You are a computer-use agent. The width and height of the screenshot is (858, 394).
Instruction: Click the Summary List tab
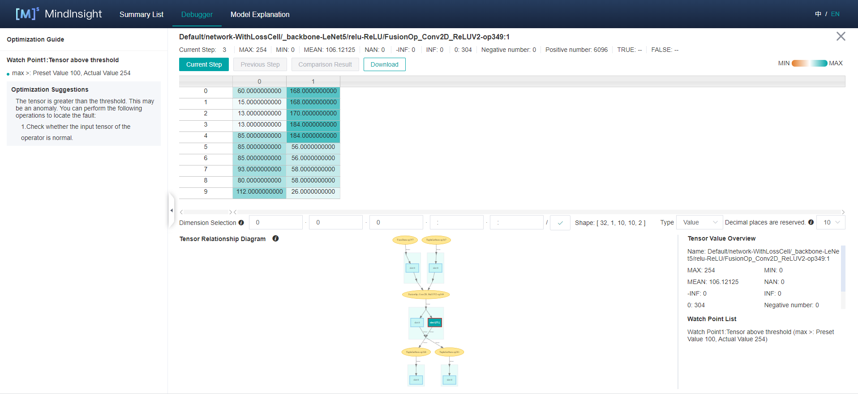click(141, 14)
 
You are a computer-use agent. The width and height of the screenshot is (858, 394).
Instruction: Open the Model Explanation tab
click(260, 14)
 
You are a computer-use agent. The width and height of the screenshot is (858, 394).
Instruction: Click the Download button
click(384, 64)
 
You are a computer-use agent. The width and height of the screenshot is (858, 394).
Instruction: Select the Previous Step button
click(260, 64)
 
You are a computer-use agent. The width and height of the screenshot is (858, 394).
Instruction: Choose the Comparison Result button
click(325, 64)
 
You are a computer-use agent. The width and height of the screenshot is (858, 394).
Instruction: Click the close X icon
click(841, 36)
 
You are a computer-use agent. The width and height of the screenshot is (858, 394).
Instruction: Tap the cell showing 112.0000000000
click(259, 192)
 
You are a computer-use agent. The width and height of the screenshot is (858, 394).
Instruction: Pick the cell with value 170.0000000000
click(313, 114)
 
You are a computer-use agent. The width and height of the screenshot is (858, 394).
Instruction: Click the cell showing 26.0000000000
click(313, 192)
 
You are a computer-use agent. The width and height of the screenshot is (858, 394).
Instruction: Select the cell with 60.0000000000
click(259, 91)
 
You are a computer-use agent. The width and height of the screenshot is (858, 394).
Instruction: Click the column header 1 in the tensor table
click(313, 81)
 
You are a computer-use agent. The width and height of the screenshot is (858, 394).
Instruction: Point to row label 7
click(206, 169)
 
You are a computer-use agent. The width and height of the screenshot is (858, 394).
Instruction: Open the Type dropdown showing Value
click(699, 222)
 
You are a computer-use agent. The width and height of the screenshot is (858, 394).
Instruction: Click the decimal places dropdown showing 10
click(831, 222)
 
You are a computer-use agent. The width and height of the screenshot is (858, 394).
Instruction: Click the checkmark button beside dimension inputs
click(560, 223)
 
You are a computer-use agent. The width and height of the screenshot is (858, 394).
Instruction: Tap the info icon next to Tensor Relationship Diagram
click(275, 239)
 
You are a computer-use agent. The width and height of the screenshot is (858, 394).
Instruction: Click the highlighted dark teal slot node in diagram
click(435, 322)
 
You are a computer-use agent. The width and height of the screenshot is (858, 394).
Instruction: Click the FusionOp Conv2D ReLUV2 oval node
click(426, 294)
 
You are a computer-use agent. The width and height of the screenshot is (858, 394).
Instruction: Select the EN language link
click(835, 14)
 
